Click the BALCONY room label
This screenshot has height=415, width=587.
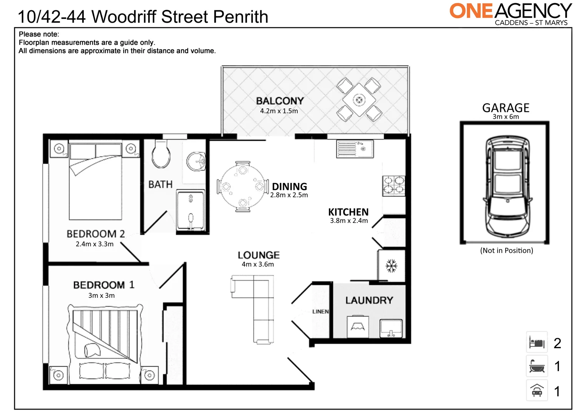(280, 101)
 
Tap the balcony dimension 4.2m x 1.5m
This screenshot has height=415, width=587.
(279, 111)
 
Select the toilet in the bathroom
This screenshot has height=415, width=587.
(161, 155)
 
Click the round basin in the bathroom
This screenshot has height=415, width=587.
(196, 161)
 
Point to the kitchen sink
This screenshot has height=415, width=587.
(355, 149)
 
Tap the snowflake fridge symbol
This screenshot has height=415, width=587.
(391, 266)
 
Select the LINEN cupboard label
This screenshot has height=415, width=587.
(320, 312)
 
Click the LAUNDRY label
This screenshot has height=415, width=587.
(369, 300)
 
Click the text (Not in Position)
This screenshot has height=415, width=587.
(506, 251)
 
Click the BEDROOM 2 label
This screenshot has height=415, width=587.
(96, 234)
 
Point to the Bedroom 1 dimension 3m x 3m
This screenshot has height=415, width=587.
(101, 295)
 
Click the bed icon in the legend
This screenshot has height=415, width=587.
(537, 342)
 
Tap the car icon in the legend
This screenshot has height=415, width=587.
(537, 391)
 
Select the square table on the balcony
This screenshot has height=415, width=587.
(359, 100)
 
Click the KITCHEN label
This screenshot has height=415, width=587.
(348, 212)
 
